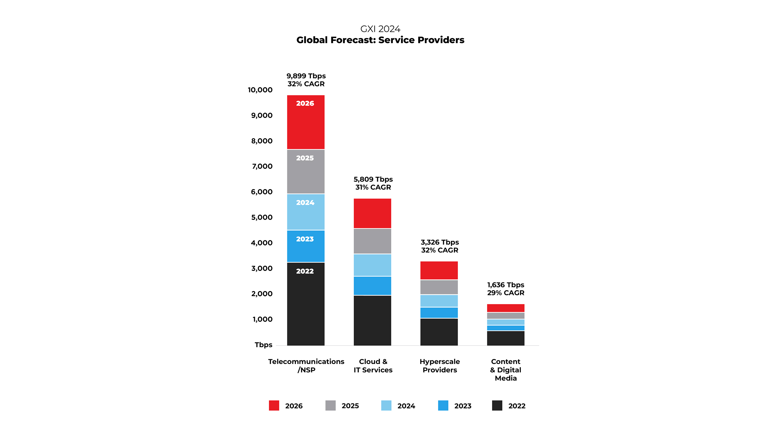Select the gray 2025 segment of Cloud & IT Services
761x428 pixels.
click(372, 241)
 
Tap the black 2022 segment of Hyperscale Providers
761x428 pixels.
click(439, 332)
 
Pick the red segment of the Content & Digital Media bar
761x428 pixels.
click(505, 308)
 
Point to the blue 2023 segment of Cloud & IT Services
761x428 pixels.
click(372, 286)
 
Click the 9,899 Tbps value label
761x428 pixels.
click(306, 76)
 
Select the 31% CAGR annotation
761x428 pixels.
click(373, 187)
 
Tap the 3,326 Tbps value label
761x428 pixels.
click(440, 242)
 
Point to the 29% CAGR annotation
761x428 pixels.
click(506, 293)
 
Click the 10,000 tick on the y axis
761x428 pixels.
click(260, 90)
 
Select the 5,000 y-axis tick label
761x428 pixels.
click(262, 218)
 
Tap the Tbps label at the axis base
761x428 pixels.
click(264, 345)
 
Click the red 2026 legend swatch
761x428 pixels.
click(274, 405)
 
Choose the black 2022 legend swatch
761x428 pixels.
click(497, 405)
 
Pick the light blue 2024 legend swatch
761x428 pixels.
click(386, 405)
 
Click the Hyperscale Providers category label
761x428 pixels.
click(440, 366)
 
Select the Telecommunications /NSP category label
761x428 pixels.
click(306, 366)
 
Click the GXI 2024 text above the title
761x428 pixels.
click(380, 29)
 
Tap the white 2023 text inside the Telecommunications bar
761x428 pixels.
click(305, 239)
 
